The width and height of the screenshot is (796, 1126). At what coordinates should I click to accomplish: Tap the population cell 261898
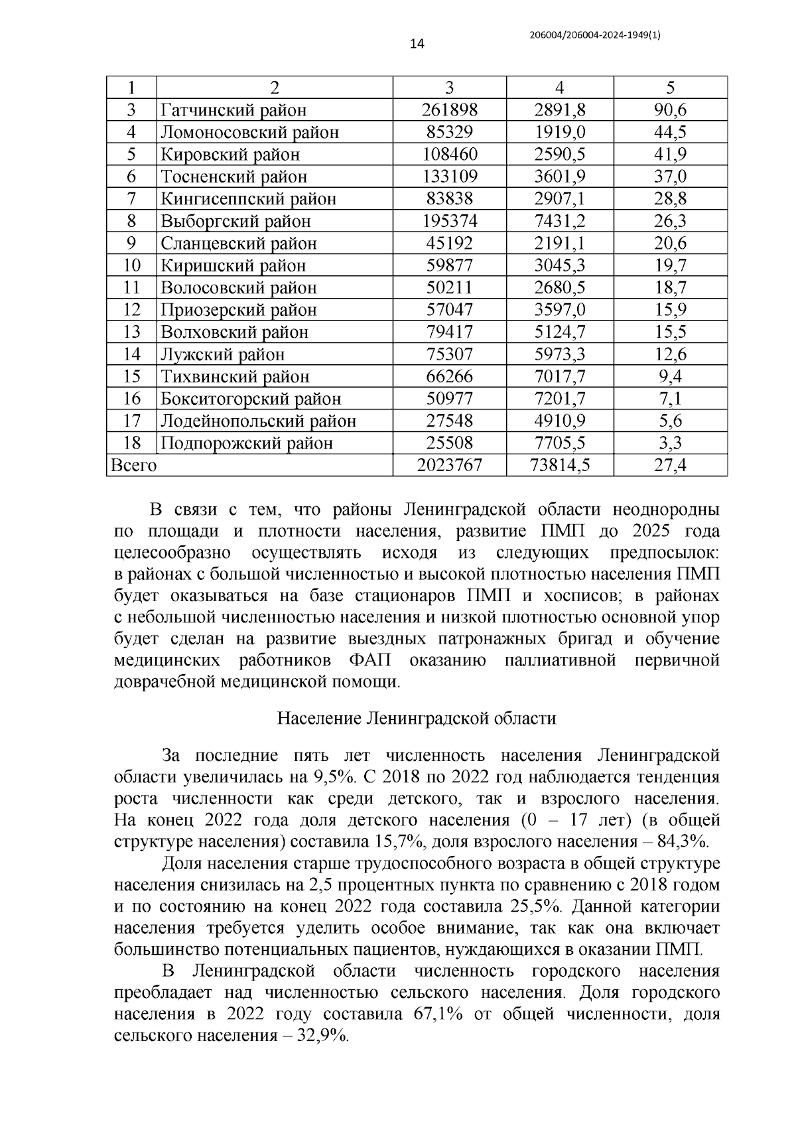pyautogui.click(x=449, y=110)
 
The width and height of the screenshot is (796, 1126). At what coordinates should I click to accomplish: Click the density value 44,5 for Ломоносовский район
pyautogui.click(x=670, y=132)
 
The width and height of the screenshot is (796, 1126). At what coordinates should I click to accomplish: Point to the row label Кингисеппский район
pyautogui.click(x=248, y=199)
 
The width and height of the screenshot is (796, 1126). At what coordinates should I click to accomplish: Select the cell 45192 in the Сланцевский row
pyautogui.click(x=449, y=244)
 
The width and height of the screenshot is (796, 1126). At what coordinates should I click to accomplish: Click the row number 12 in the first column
pyautogui.click(x=132, y=310)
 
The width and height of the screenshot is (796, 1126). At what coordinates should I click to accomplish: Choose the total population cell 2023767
pyautogui.click(x=449, y=466)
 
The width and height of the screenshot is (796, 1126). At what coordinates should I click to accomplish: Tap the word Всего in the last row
pyautogui.click(x=133, y=466)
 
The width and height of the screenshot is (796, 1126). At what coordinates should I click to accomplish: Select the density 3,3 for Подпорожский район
pyautogui.click(x=670, y=443)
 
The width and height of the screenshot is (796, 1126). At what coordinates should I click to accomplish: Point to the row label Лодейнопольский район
pyautogui.click(x=258, y=421)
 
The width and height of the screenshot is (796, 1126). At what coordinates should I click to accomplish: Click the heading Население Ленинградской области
pyautogui.click(x=416, y=719)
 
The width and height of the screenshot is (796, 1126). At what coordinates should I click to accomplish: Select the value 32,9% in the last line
pyautogui.click(x=324, y=1036)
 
